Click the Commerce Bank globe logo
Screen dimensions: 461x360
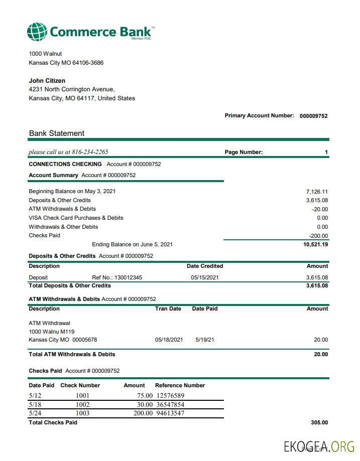pyautogui.click(x=38, y=32)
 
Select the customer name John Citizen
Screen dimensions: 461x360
pyautogui.click(x=47, y=81)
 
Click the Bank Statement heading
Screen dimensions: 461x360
pyautogui.click(x=57, y=133)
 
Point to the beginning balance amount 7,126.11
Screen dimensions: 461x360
pyautogui.click(x=317, y=192)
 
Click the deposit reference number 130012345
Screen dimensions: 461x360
pyautogui.click(x=128, y=277)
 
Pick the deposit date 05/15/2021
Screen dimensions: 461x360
pyautogui.click(x=205, y=277)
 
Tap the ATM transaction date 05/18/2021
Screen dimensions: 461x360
pyautogui.click(x=169, y=340)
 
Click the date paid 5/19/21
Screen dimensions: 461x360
pyautogui.click(x=205, y=340)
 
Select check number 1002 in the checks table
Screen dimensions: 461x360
pyautogui.click(x=82, y=404)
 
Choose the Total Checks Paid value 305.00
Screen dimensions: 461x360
pyautogui.click(x=319, y=422)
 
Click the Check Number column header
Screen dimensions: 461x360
pyautogui.click(x=80, y=385)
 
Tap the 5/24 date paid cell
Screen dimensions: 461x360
pyautogui.click(x=35, y=413)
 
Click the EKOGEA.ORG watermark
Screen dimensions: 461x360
pyautogui.click(x=319, y=446)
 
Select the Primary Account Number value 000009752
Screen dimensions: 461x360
pyautogui.click(x=313, y=116)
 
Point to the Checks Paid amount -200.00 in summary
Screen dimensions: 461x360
pyautogui.click(x=318, y=236)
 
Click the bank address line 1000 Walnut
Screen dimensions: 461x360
pyautogui.click(x=45, y=54)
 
